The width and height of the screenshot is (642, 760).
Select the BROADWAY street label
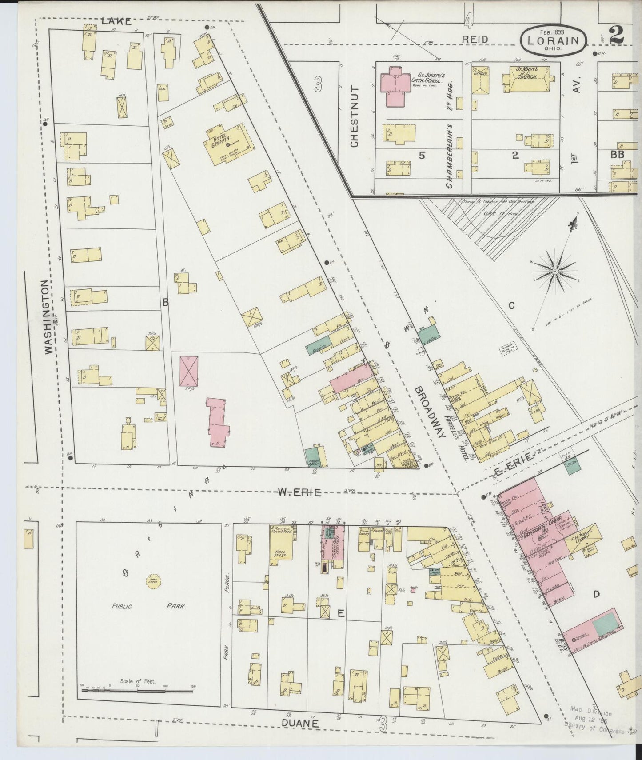click(429, 413)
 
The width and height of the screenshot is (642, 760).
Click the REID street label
click(475, 40)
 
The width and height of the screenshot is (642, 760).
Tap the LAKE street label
click(116, 21)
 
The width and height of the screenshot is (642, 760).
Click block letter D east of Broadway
click(596, 594)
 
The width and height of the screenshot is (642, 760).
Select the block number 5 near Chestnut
click(422, 155)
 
